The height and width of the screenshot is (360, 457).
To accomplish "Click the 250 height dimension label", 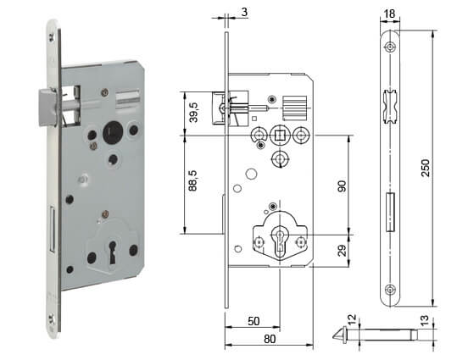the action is pos(426,168).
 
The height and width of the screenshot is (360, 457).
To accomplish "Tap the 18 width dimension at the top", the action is pos(389,14).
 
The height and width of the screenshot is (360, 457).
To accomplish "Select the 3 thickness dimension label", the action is pos(244,12).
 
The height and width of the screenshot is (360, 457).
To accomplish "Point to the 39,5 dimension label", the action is pos(193,112).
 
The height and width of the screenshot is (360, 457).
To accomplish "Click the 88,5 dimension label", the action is pos(193,180).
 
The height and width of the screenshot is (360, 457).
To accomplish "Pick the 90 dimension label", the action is pos(342,186).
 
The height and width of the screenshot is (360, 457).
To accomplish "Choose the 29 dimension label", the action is pos(342,250).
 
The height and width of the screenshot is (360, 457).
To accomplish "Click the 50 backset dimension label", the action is pos(254,321).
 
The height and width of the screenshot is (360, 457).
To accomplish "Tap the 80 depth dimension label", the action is pos(270,339).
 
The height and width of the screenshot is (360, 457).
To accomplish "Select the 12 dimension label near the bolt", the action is pos(352,320).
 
